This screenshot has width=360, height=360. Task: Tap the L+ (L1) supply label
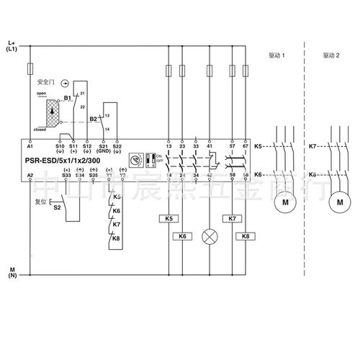pyautogui.click(x=12, y=48)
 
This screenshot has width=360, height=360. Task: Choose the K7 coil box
pyautogui.click(x=231, y=218)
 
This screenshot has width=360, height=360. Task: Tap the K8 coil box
pyautogui.click(x=246, y=235)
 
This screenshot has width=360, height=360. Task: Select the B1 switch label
pyautogui.click(x=68, y=96)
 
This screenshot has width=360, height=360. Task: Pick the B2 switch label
pyautogui.click(x=93, y=118)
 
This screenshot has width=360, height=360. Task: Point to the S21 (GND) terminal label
pyautogui.click(x=102, y=149)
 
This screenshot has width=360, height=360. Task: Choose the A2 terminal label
pyautogui.click(x=30, y=175)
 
